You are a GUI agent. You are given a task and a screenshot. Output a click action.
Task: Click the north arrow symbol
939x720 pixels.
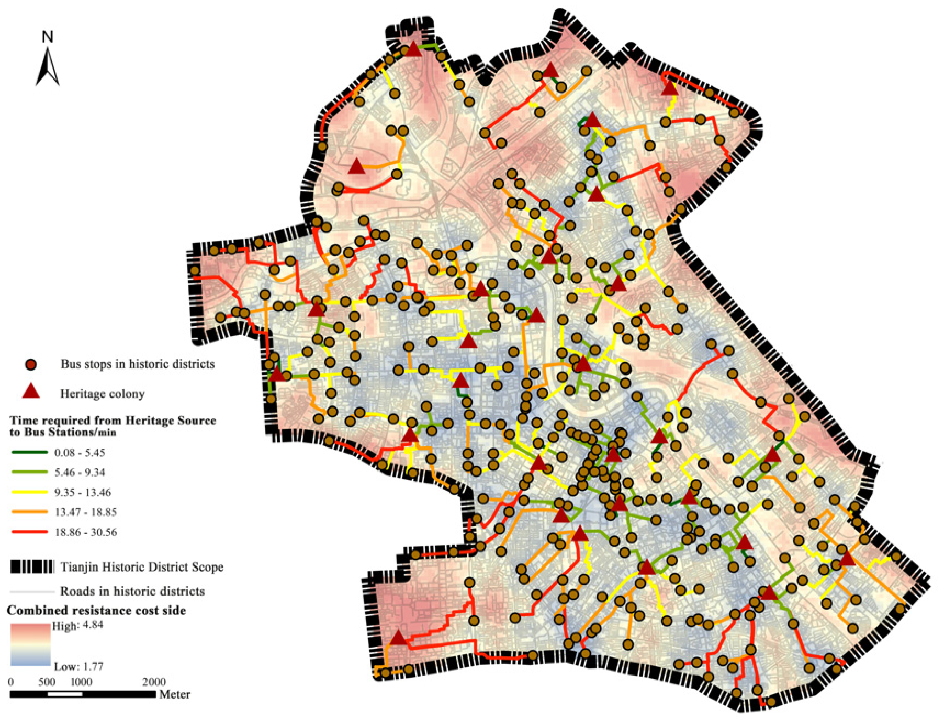(47, 67)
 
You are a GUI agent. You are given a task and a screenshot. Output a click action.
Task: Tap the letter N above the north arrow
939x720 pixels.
(48, 37)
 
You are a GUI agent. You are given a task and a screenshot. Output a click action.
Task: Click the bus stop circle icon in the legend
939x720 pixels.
(31, 365)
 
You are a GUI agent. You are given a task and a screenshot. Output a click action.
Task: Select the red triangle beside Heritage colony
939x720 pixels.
(31, 391)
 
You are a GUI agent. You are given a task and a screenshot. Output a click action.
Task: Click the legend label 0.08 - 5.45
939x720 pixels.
(80, 453)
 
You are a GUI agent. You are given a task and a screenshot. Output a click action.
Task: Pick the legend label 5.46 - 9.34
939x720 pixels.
(80, 473)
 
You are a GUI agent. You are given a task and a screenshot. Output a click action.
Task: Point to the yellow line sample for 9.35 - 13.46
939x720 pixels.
(29, 492)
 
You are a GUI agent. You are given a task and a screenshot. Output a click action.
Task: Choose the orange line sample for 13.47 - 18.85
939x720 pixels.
(29, 512)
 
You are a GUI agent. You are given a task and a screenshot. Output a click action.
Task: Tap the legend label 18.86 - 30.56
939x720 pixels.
(86, 532)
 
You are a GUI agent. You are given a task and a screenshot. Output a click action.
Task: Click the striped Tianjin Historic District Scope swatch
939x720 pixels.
(32, 566)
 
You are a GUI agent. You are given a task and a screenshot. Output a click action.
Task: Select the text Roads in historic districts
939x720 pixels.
(132, 591)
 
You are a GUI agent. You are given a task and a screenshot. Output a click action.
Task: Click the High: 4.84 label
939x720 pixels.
(77, 625)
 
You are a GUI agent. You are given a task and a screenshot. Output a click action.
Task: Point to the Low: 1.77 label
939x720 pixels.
(78, 667)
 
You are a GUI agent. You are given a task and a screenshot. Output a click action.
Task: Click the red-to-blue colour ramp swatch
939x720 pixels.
(30, 645)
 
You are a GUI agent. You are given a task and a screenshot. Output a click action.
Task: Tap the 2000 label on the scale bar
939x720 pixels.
(154, 682)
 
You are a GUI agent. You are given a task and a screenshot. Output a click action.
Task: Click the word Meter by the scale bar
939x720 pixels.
(175, 694)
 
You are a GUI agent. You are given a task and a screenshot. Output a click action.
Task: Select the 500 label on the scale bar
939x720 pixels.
(47, 682)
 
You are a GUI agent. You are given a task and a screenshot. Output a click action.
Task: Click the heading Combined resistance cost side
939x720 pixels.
(96, 610)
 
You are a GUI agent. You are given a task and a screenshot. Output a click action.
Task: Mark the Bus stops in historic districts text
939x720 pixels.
(137, 364)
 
